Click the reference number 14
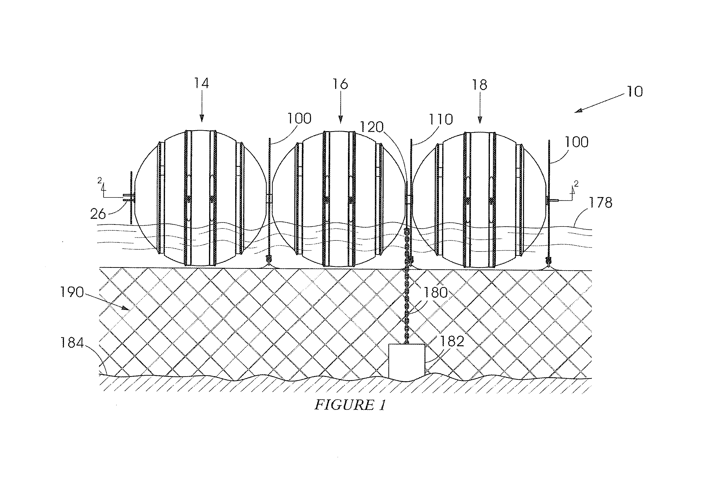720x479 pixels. click(x=202, y=83)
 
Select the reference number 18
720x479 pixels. click(x=479, y=85)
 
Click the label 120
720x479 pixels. click(x=372, y=127)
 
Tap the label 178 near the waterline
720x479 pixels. click(x=601, y=203)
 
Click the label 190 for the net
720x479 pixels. click(x=72, y=292)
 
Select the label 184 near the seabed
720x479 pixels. click(x=72, y=343)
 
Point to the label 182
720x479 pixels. click(x=452, y=341)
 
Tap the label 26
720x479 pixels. click(x=98, y=214)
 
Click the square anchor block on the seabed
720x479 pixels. click(x=407, y=362)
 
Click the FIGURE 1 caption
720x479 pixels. click(x=350, y=405)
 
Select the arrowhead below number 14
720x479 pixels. click(x=202, y=119)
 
